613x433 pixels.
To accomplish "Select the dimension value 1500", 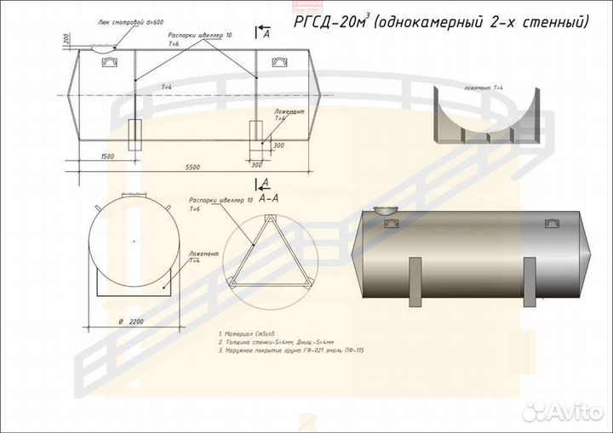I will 107,157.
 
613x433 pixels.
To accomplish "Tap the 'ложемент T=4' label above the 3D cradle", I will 484,88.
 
